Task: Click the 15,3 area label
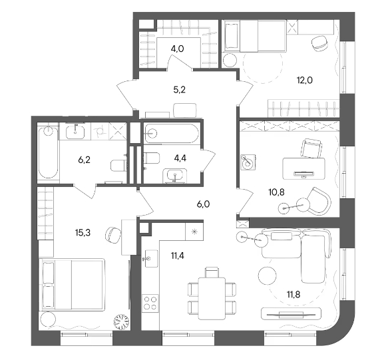click(83, 233)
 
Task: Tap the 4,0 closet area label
click(177, 49)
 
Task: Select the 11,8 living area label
click(293, 294)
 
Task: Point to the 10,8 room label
click(277, 192)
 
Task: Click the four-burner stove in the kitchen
click(150, 303)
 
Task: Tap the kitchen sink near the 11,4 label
click(151, 259)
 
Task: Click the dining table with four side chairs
click(212, 293)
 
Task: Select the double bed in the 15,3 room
click(72, 284)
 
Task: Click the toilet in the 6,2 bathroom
click(118, 165)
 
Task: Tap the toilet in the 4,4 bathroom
click(152, 158)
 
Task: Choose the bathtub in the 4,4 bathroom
click(172, 134)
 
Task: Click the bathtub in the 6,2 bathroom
click(48, 152)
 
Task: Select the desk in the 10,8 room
click(304, 168)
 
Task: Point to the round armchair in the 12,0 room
click(320, 43)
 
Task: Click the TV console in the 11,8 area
click(292, 313)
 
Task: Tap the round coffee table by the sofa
click(268, 275)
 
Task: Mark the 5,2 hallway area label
click(180, 89)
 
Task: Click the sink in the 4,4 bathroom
click(175, 176)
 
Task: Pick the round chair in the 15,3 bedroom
click(113, 235)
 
